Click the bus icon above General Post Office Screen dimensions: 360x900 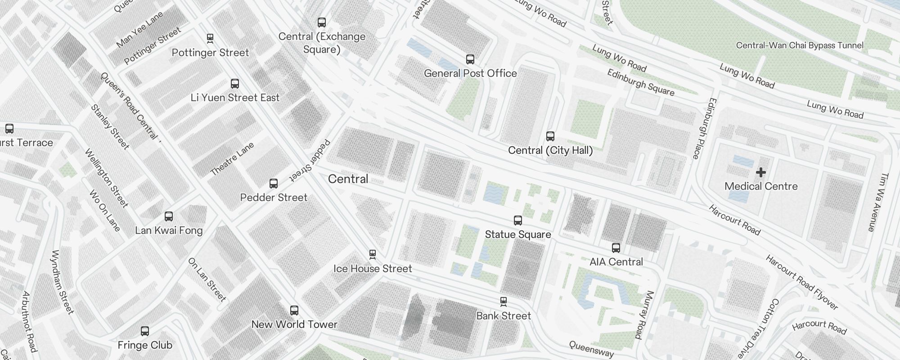[470, 59]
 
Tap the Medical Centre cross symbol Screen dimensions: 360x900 [761, 172]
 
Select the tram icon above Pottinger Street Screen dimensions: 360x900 [210, 38]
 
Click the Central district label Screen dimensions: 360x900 [348, 179]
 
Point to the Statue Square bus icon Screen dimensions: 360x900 [518, 220]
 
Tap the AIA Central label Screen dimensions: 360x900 [616, 262]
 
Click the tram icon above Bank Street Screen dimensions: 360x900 [504, 301]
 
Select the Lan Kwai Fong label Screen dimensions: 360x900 [169, 230]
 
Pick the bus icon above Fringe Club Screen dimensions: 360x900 [145, 332]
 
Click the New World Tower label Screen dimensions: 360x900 [294, 324]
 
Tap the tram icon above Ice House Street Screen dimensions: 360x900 [373, 254]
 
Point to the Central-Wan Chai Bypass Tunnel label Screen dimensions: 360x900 [800, 45]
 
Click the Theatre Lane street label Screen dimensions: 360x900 [232, 159]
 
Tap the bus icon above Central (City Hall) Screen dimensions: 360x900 [550, 136]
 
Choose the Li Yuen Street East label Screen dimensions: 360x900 [235, 98]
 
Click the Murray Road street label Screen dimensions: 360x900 [644, 315]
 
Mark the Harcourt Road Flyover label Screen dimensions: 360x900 [802, 282]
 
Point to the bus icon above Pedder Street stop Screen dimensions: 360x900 [274, 184]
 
